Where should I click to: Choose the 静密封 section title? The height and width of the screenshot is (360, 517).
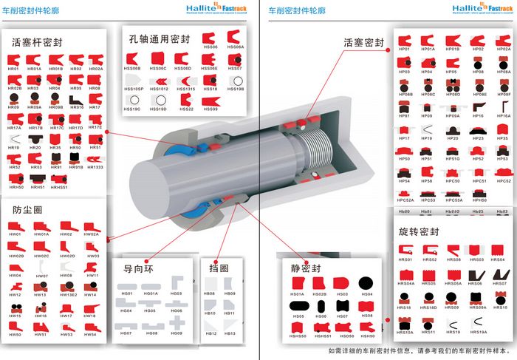click(306, 268)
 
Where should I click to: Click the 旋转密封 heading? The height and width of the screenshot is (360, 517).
click(419, 231)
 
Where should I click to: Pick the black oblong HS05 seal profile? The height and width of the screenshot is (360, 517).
click(298, 306)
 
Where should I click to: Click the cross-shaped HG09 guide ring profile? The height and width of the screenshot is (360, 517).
click(176, 323)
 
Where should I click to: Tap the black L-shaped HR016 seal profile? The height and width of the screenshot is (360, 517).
click(76, 98)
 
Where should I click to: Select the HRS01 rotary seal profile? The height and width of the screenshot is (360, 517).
click(405, 250)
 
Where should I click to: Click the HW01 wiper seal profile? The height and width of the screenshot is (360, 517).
click(15, 226)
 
